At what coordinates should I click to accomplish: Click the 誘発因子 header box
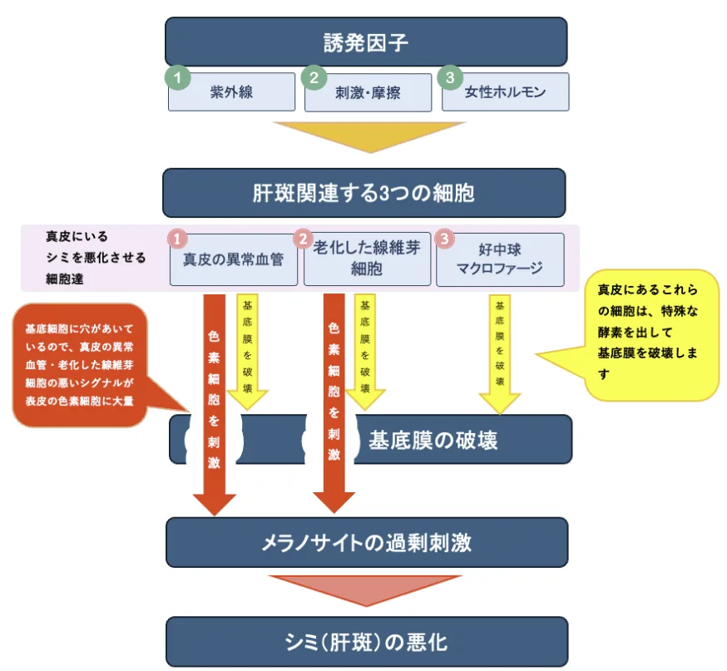point(366,42)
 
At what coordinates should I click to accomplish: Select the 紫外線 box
point(232,92)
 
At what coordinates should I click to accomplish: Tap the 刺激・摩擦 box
point(368,92)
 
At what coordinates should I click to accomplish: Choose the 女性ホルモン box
point(506,92)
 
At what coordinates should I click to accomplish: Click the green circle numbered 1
point(176,77)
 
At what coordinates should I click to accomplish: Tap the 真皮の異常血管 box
point(234,259)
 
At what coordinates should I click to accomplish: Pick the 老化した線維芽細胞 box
point(367,259)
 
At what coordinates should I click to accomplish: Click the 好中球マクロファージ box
point(500,259)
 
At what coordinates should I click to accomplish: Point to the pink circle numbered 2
point(304,239)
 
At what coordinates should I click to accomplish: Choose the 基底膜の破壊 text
point(433,440)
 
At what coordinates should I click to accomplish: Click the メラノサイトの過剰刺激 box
point(366,543)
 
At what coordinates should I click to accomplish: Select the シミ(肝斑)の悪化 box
point(366,642)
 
